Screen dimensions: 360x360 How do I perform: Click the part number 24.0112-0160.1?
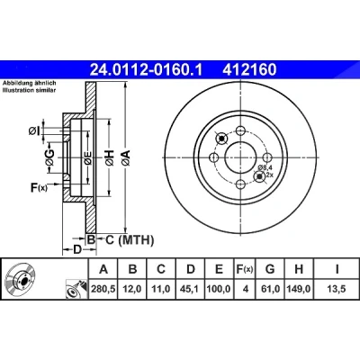coord(147,70)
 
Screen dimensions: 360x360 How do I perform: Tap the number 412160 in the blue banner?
coord(249,70)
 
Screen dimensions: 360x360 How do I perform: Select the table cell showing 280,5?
coord(103,289)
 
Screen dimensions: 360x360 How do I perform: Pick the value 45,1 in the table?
coord(191,289)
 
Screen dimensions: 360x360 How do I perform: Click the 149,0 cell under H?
coord(299,289)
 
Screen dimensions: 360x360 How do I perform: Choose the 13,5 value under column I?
coord(337,289)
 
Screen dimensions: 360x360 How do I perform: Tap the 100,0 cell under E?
coord(219,289)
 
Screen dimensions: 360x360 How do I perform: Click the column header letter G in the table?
coord(270,269)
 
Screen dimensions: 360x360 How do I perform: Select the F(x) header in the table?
coord(245,269)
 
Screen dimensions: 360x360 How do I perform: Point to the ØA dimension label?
coord(126,157)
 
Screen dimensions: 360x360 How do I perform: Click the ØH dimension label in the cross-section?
coord(110,157)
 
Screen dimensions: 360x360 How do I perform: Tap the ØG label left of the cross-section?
coord(49,157)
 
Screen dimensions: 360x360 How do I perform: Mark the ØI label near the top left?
coord(34,130)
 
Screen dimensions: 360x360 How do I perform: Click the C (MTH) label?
coord(130,239)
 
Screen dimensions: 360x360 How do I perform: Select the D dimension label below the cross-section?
coord(77,249)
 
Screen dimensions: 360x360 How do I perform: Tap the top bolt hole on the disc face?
coord(239,130)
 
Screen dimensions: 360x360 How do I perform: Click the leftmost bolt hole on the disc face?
coord(213,157)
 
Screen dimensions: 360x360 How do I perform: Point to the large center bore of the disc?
coord(240,157)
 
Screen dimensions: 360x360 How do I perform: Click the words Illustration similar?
coord(30,90)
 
